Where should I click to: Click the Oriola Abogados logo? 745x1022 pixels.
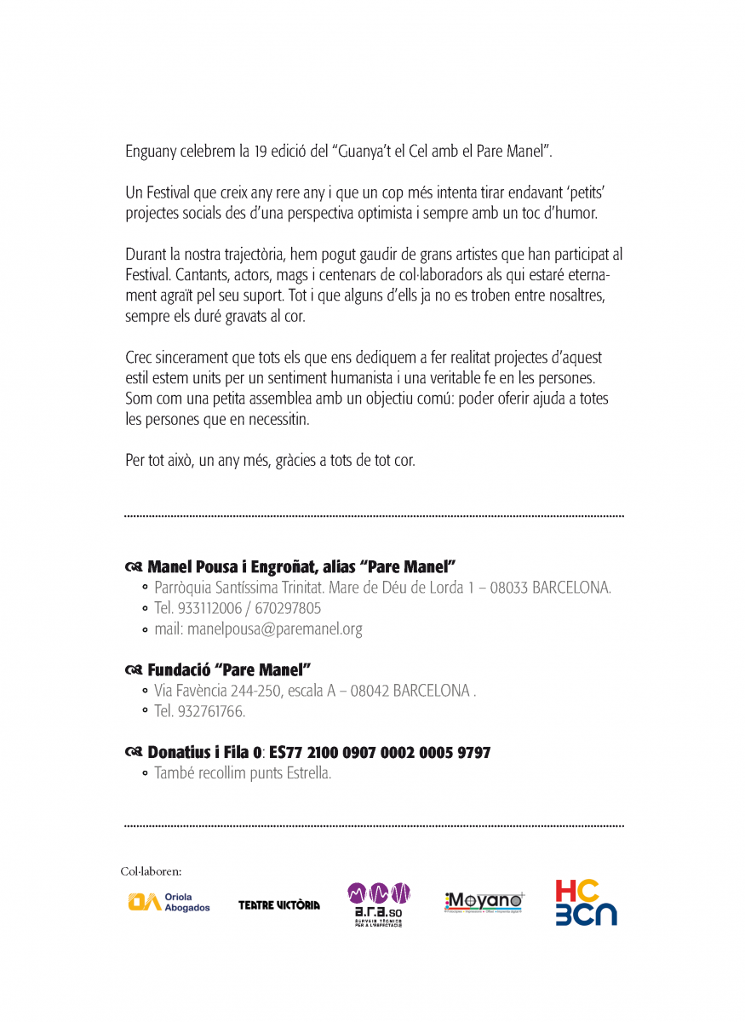169,902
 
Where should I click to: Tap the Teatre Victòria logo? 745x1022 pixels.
279,904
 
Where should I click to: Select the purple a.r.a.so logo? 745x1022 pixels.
379,903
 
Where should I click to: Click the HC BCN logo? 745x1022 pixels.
586,903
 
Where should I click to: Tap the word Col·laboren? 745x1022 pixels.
151,871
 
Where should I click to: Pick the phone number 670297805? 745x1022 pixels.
288,609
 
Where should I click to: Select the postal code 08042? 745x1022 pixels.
370,691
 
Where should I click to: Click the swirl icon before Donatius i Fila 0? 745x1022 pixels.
133,753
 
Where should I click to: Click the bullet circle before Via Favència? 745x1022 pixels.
146,691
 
